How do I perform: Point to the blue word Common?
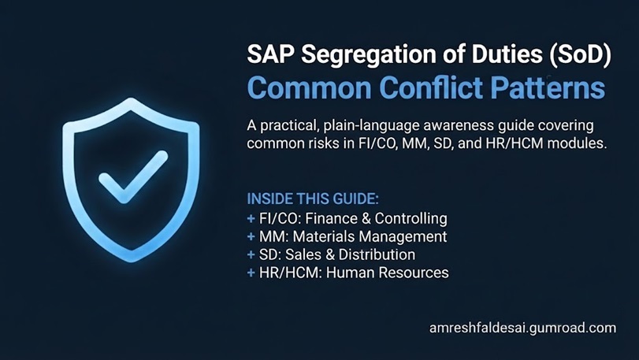310,88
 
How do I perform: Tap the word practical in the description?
288,126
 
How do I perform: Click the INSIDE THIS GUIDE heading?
313,199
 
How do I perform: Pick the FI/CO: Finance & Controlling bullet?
353,219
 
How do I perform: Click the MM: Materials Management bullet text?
353,236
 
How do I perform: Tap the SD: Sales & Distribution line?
337,254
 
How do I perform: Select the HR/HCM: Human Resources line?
354,273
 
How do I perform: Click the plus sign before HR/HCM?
251,273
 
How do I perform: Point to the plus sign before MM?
251,237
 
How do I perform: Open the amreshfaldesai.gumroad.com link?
523,328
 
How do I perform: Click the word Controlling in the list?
411,219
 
